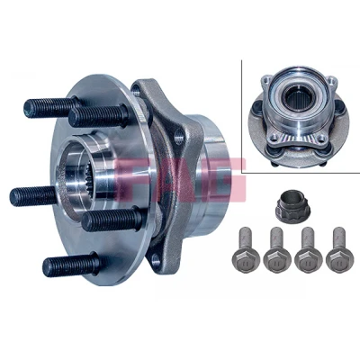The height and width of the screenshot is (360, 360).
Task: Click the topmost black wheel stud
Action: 49,106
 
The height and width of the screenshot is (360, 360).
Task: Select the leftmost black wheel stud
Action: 33,196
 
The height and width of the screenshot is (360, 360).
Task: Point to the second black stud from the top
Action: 97,115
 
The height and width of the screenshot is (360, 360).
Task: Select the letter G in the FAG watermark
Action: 223,179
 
